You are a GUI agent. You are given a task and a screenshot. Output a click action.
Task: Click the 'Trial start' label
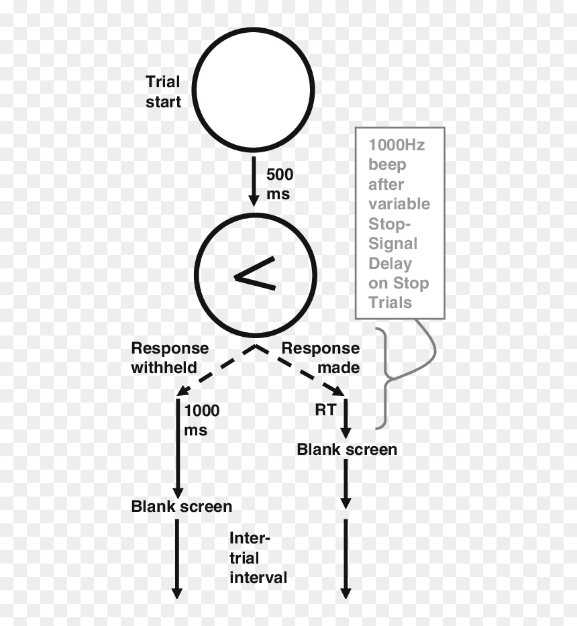click(x=163, y=92)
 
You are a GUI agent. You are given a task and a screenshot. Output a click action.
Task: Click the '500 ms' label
click(x=280, y=184)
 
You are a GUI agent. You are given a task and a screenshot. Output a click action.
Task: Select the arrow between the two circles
click(x=254, y=181)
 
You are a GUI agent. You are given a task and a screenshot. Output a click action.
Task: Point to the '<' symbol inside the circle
click(x=255, y=274)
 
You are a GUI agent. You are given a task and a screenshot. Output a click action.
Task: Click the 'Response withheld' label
click(x=170, y=358)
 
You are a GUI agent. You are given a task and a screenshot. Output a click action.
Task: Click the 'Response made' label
click(x=320, y=358)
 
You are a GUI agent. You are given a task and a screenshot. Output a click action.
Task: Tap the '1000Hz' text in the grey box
click(x=397, y=145)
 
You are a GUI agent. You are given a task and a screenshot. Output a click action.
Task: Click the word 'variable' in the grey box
click(x=399, y=204)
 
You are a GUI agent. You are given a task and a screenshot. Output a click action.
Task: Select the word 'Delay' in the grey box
click(x=390, y=264)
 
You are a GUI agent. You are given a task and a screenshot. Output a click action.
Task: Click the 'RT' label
click(x=325, y=410)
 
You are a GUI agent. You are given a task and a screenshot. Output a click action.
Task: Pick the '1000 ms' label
click(x=202, y=420)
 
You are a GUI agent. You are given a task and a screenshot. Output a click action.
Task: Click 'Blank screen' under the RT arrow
click(x=347, y=450)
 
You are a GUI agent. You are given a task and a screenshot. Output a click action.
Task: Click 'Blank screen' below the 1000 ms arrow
click(x=182, y=506)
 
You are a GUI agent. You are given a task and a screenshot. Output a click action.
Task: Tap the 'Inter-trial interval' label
click(x=258, y=558)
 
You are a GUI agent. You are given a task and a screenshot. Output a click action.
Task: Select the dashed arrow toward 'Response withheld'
click(x=215, y=370)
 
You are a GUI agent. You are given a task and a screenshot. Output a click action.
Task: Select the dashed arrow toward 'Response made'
click(x=300, y=370)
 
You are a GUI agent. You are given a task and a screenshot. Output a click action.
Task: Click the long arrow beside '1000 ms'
click(x=178, y=448)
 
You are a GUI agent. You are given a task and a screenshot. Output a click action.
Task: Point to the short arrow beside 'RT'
click(x=346, y=419)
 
